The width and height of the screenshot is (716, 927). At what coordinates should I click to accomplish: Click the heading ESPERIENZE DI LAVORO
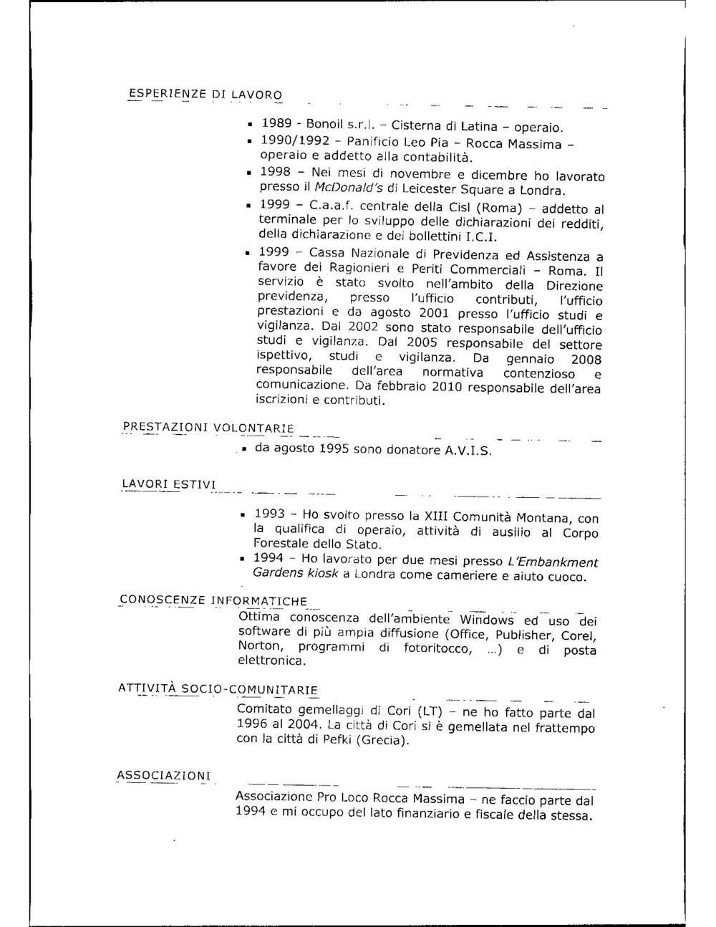(205, 95)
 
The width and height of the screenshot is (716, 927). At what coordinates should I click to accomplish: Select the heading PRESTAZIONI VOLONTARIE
(208, 428)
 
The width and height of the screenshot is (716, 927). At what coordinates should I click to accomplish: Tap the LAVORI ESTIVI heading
(169, 485)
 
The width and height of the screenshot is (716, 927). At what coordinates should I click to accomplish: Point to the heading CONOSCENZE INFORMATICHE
(213, 600)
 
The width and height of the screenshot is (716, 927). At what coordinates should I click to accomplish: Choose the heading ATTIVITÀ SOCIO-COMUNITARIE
(218, 690)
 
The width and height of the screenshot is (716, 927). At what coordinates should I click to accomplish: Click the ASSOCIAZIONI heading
(164, 776)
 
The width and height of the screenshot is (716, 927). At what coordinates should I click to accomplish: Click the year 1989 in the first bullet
(276, 124)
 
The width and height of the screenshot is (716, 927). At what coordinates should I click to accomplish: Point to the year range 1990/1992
(294, 141)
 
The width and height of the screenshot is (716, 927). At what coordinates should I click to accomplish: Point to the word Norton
(260, 646)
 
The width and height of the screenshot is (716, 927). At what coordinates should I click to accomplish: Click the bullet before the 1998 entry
(247, 173)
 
